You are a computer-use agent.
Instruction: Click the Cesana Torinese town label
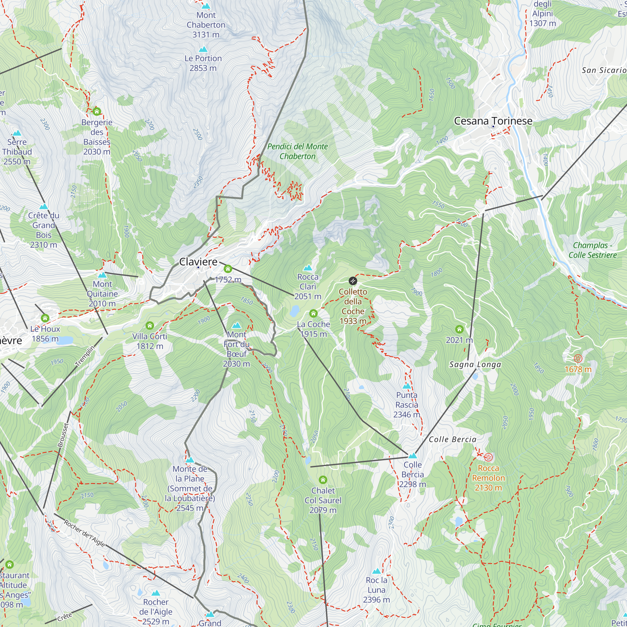pyautogui.click(x=493, y=121)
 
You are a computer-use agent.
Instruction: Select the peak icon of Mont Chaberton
pyautogui.click(x=206, y=6)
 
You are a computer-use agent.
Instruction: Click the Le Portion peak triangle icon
pyautogui.click(x=203, y=49)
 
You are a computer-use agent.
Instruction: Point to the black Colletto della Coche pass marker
pyautogui.click(x=353, y=281)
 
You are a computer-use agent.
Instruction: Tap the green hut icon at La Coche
pyautogui.click(x=313, y=313)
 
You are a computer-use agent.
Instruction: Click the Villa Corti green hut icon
pyautogui.click(x=150, y=325)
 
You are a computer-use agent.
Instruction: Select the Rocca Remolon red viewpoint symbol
pyautogui.click(x=488, y=458)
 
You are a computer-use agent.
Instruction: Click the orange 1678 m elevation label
pyautogui.click(x=578, y=369)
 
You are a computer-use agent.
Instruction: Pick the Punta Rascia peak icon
pyautogui.click(x=407, y=386)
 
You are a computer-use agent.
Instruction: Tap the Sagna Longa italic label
pyautogui.click(x=475, y=365)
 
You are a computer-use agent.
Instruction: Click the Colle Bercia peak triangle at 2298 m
pyautogui.click(x=413, y=456)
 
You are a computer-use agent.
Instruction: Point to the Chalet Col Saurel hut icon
pyautogui.click(x=323, y=480)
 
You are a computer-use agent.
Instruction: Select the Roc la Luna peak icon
pyautogui.click(x=377, y=571)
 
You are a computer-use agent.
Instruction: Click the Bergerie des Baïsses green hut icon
pyautogui.click(x=97, y=112)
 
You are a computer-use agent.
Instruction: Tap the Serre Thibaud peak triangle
pyautogui.click(x=17, y=133)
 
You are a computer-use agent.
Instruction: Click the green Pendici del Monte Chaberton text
pyautogui.click(x=297, y=151)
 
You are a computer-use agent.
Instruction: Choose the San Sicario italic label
pyautogui.click(x=603, y=71)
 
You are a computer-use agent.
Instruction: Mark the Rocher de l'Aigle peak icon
pyautogui.click(x=156, y=593)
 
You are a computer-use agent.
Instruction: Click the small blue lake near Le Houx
pyautogui.click(x=66, y=340)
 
